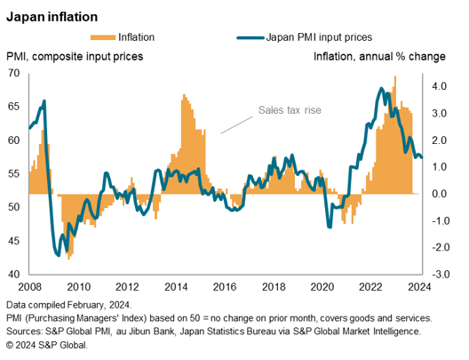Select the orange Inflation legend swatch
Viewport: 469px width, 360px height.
point(102,37)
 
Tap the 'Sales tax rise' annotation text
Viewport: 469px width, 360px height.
point(289,111)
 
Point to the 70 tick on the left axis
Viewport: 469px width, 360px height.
point(14,73)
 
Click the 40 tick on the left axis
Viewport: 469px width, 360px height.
point(14,275)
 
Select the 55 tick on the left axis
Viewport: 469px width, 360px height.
point(14,174)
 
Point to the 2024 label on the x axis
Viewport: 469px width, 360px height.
point(419,287)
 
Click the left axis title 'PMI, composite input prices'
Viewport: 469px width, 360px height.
point(75,57)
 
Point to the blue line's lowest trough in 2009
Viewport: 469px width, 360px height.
point(59,256)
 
